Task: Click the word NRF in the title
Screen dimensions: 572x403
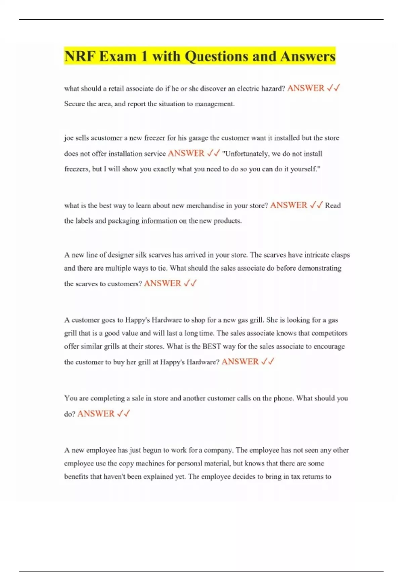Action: [80, 56]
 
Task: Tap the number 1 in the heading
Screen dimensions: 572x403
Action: [144, 56]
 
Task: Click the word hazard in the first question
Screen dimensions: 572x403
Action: [273, 88]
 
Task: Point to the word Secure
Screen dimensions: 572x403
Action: [75, 104]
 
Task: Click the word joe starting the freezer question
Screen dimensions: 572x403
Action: [69, 138]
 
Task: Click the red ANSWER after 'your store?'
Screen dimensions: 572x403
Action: [288, 205]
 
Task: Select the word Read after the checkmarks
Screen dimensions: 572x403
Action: [333, 206]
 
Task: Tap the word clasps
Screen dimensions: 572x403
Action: [341, 255]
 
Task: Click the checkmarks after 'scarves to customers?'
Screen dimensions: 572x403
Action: [190, 284]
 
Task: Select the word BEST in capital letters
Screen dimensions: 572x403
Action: [212, 346]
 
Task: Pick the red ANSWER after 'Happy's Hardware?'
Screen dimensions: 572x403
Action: [240, 362]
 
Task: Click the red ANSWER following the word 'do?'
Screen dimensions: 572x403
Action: [96, 414]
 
